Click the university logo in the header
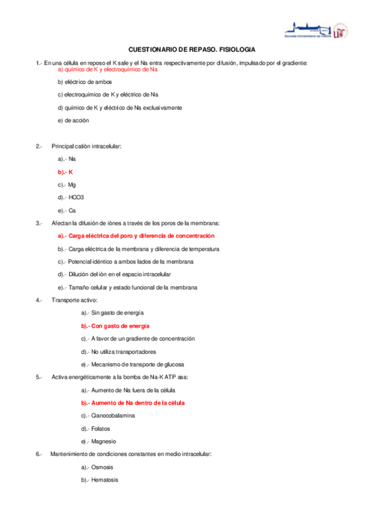316,30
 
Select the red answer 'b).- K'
66,172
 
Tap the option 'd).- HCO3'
71,197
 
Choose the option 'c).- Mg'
67,185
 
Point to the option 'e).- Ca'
67,210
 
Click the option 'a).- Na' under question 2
67,159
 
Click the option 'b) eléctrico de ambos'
85,82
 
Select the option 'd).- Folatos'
96,428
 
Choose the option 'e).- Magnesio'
99,441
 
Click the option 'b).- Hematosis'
100,480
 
